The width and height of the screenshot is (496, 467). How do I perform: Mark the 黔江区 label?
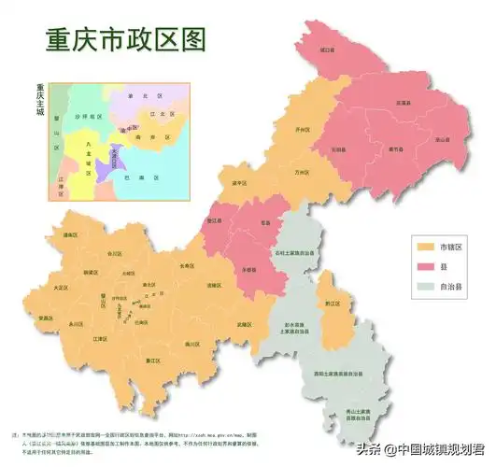331,303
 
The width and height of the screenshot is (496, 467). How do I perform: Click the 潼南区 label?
69,235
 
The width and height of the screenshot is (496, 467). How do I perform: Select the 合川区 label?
114,253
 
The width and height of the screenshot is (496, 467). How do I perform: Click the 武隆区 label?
245,323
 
